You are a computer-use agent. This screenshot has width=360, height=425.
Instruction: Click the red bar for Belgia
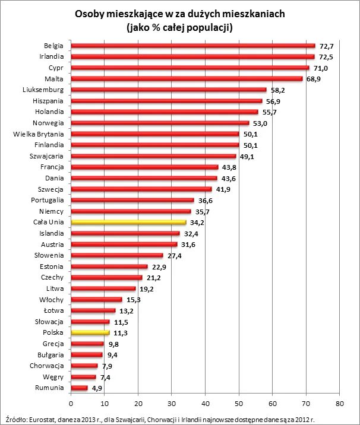click(x=193, y=46)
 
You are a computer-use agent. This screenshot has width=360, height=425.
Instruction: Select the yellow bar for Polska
click(x=90, y=333)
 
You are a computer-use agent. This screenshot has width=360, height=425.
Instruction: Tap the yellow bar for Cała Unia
click(x=128, y=223)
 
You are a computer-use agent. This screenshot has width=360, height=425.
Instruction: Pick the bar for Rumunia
click(x=79, y=388)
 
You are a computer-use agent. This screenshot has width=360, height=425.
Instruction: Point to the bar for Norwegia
click(x=160, y=123)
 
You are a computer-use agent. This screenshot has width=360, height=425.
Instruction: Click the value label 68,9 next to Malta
click(x=314, y=79)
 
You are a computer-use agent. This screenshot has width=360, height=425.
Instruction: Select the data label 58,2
click(x=277, y=90)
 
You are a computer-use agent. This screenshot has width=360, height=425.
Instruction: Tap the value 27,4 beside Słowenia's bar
click(x=174, y=256)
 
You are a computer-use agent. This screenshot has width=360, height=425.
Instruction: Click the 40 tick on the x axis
click(x=206, y=404)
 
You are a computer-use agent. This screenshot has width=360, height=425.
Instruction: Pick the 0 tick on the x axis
click(x=71, y=404)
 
